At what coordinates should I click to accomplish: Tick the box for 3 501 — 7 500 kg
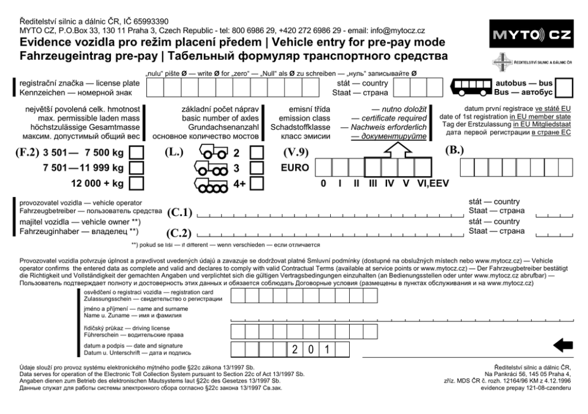coord(136,153)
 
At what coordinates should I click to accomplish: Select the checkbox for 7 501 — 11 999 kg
coord(136,168)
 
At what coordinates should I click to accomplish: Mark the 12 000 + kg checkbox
coord(136,183)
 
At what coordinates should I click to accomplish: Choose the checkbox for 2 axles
coord(257,153)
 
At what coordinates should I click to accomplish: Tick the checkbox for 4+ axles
coord(257,183)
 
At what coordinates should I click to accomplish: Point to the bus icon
coord(472,88)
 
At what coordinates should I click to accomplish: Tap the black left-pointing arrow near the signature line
coord(563,345)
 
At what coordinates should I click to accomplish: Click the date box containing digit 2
coord(295,348)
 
